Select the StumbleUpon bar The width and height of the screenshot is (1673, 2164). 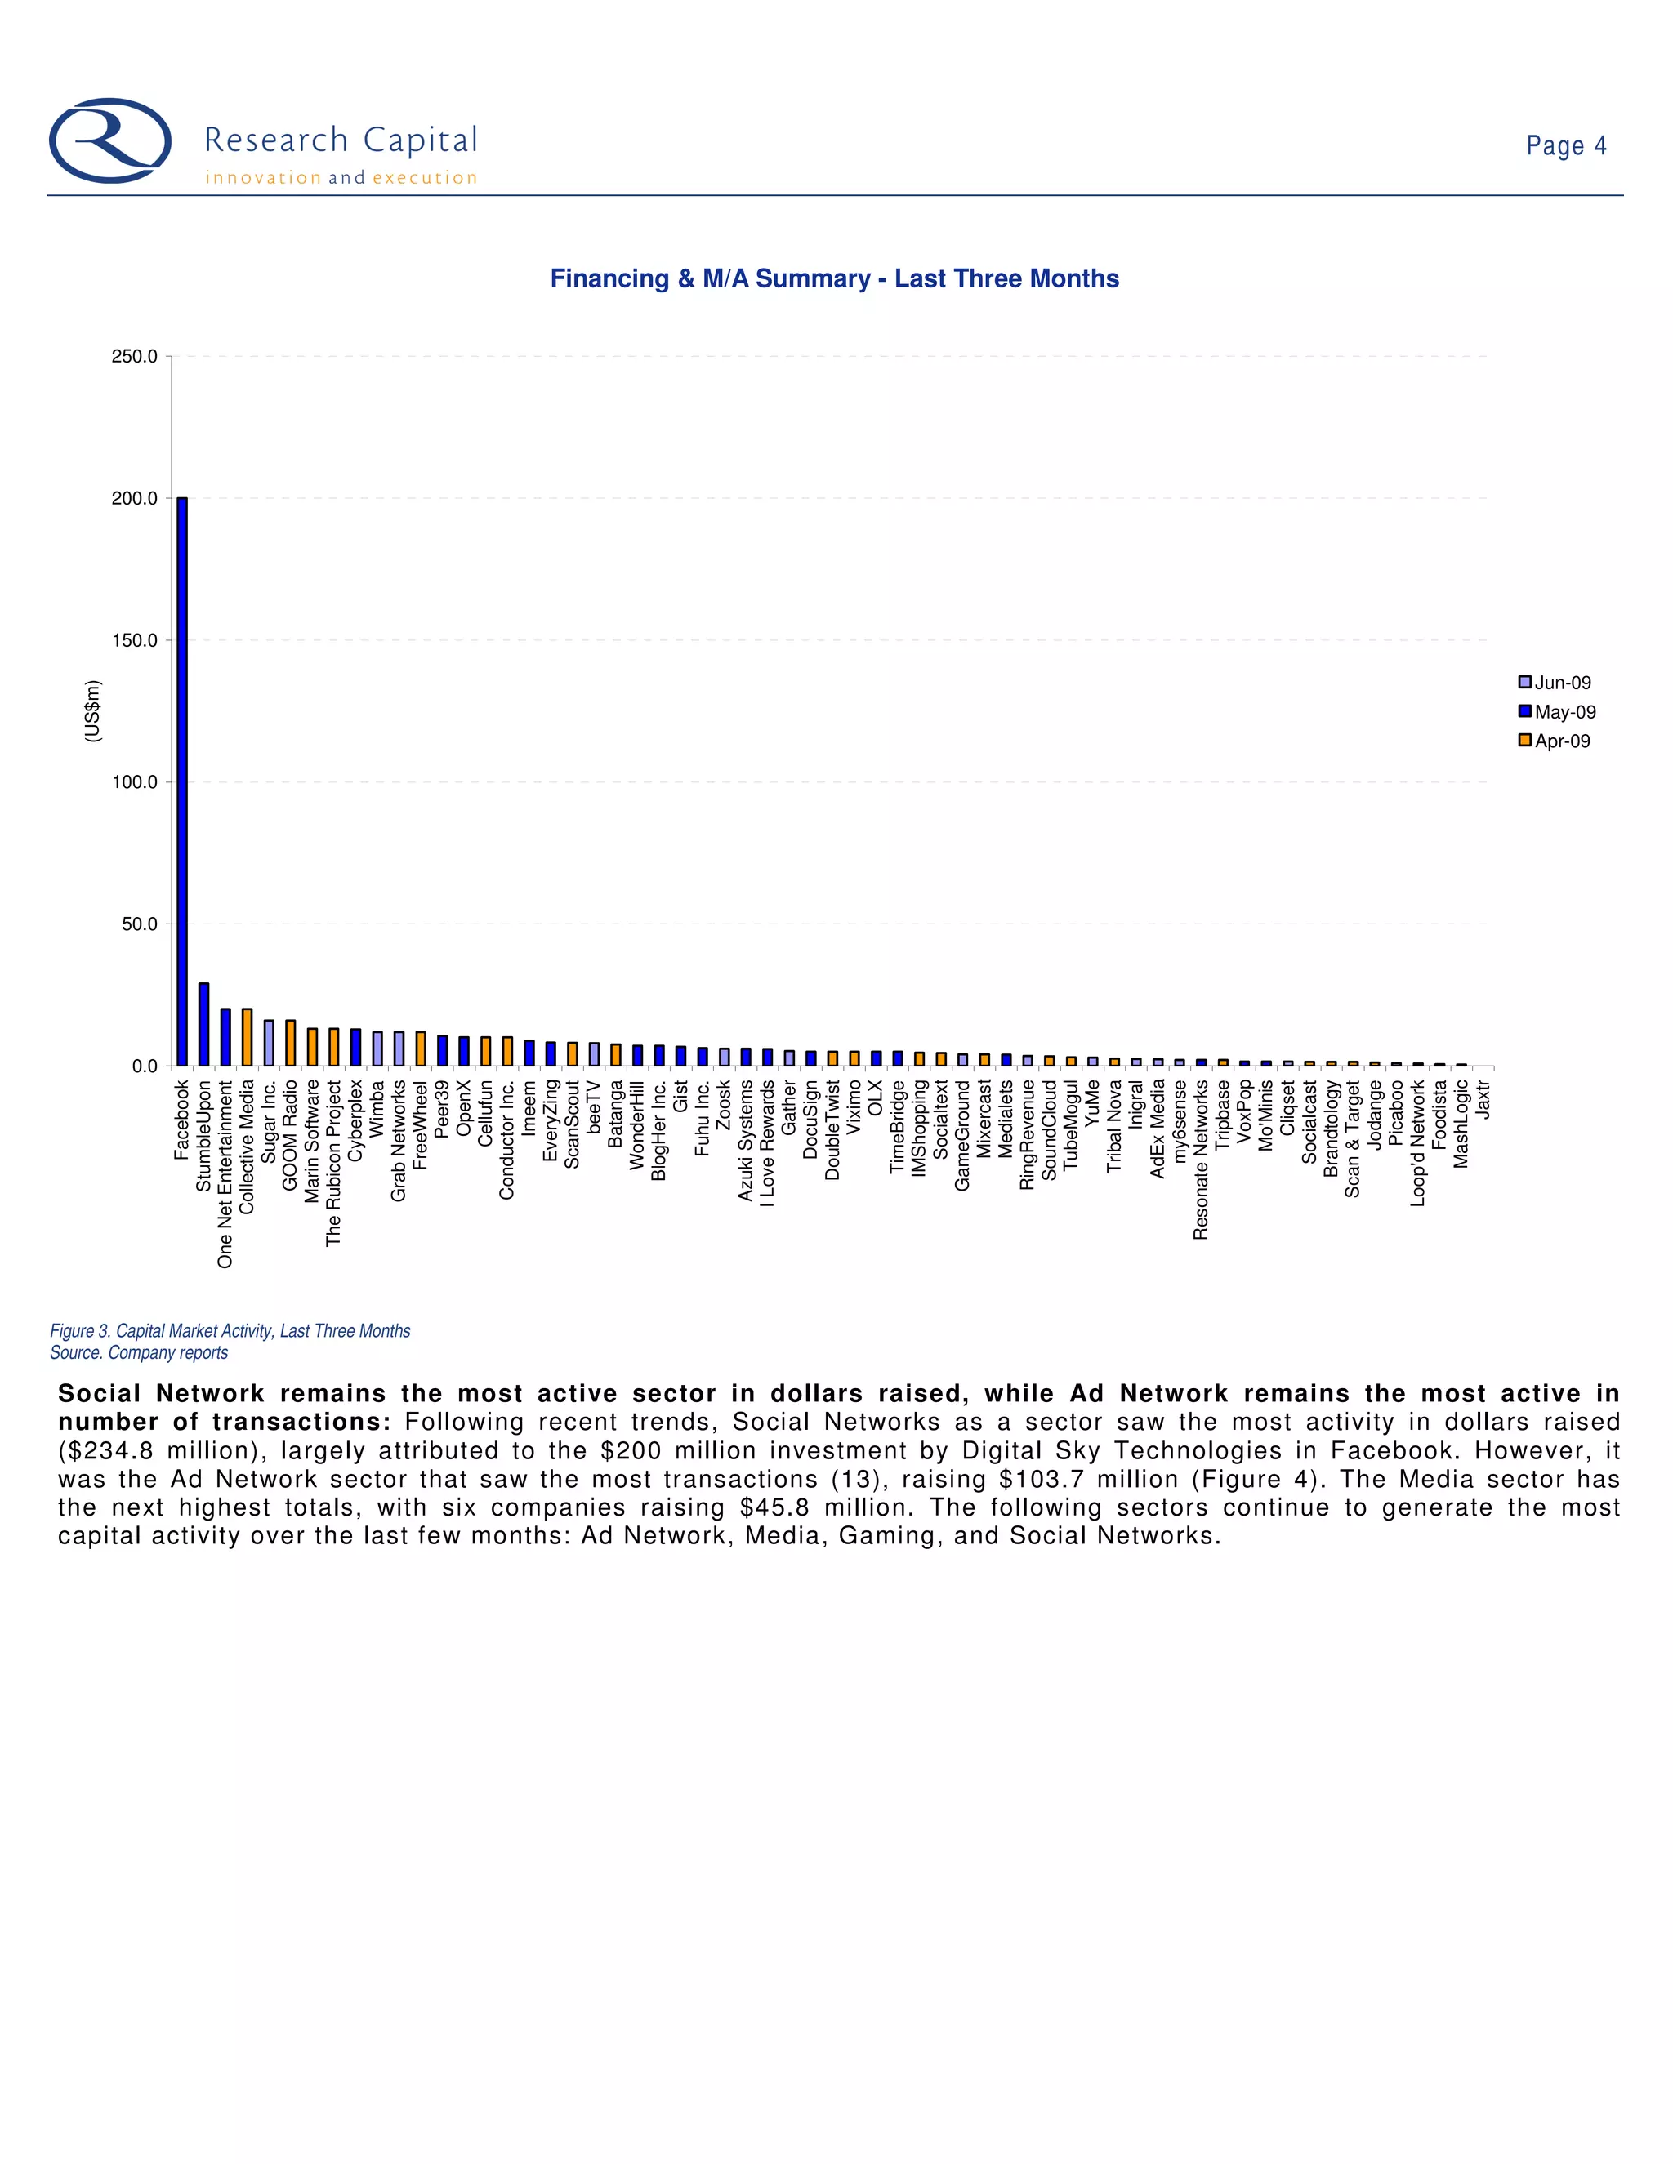click(204, 1025)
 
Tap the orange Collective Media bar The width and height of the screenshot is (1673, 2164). click(247, 1037)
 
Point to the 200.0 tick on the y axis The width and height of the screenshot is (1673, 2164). click(135, 498)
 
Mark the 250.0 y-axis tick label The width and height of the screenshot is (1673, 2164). click(135, 357)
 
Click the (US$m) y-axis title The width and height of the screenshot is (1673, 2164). click(92, 710)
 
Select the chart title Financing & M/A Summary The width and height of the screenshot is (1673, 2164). click(835, 278)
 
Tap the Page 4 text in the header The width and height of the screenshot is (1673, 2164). click(1566, 145)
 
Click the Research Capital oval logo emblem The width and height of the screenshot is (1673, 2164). click(110, 140)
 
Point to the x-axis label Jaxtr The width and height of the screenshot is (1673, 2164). click(1483, 1100)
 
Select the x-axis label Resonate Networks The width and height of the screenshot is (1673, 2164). click(1201, 1160)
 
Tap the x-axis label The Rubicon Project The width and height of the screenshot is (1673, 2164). click(334, 1162)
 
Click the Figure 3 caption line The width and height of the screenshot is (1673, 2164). click(230, 1331)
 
